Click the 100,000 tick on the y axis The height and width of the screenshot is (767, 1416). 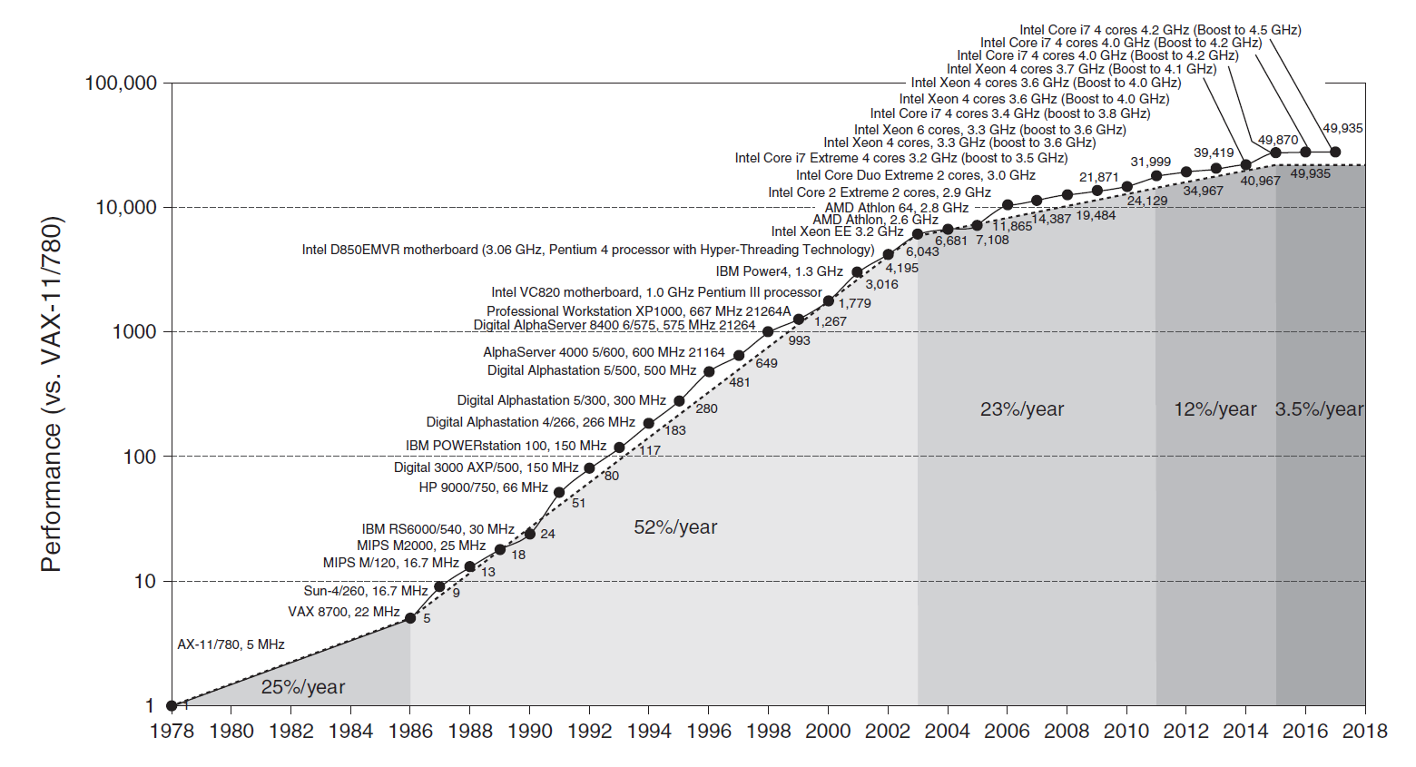pyautogui.click(x=120, y=84)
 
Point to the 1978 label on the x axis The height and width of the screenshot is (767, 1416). pyautogui.click(x=172, y=732)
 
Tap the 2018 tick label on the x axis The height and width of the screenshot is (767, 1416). pyautogui.click(x=1364, y=732)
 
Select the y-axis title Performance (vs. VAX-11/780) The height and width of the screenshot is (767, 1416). pyautogui.click(x=52, y=394)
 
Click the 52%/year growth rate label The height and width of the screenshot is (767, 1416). pyautogui.click(x=675, y=527)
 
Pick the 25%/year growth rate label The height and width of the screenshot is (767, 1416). pyautogui.click(x=303, y=687)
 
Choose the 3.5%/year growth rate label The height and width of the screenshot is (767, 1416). pyautogui.click(x=1319, y=409)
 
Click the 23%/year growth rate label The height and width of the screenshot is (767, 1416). pyautogui.click(x=1022, y=409)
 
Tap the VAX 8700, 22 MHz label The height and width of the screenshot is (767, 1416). pyautogui.click(x=344, y=612)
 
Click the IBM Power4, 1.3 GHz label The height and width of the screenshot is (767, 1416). pyautogui.click(x=779, y=271)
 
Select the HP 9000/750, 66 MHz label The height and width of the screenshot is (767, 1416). pyautogui.click(x=483, y=487)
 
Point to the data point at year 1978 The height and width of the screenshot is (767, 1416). pyautogui.click(x=172, y=705)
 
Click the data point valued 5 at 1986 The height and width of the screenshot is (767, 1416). pyautogui.click(x=410, y=618)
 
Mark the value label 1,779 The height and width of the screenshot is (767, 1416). pyautogui.click(x=854, y=303)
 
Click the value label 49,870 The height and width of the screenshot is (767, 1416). pyautogui.click(x=1278, y=140)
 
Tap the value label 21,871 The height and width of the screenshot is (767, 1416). pyautogui.click(x=1098, y=177)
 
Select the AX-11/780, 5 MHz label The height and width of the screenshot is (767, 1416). pyautogui.click(x=231, y=644)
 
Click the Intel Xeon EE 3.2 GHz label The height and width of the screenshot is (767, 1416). pyautogui.click(x=837, y=231)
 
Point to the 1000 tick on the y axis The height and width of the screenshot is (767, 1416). pyautogui.click(x=133, y=332)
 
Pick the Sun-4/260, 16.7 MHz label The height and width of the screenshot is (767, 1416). pyautogui.click(x=366, y=591)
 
